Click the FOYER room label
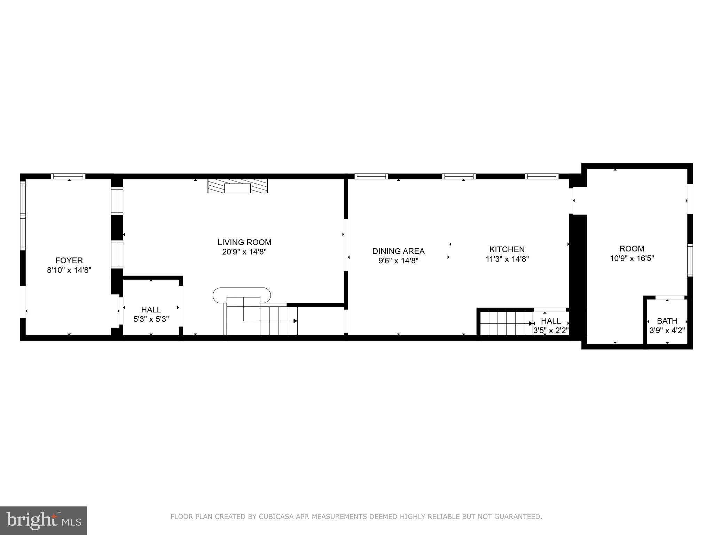coord(69,260)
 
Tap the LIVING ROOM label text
coord(244,242)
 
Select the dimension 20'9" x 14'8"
coord(244,252)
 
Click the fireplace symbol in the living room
coord(237,186)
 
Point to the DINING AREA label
coord(398,251)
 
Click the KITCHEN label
coord(507,249)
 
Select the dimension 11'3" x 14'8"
coord(507,259)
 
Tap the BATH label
coord(667,321)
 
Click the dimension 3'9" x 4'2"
coord(667,330)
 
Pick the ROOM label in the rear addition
coord(632,249)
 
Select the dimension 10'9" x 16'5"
coord(632,258)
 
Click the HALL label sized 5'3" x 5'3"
coord(151,310)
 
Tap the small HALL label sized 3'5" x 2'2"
coord(551,321)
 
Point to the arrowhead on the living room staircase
coord(295,321)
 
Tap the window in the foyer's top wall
coord(68,176)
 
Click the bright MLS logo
coord(44,520)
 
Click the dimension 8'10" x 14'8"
coord(69,270)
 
